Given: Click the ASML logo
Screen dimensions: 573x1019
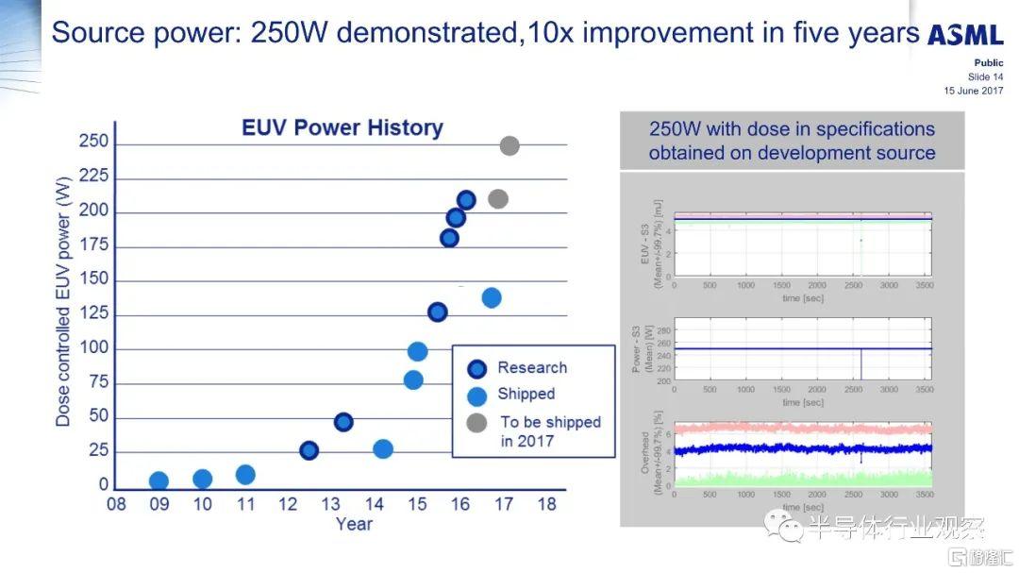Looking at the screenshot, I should [965, 36].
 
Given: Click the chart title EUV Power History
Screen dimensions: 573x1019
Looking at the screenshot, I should [342, 127].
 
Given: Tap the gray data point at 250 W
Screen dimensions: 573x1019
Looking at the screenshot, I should [509, 145].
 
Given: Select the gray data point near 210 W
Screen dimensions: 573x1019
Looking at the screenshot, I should [498, 199].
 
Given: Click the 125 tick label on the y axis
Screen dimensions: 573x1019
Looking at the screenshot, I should [93, 314].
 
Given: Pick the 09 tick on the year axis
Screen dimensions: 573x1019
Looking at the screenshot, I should [159, 504].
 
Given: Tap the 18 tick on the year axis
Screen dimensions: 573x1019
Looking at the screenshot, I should [546, 504].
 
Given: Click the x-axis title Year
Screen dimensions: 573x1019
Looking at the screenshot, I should [354, 525].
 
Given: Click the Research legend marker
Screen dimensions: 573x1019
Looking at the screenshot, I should [477, 369].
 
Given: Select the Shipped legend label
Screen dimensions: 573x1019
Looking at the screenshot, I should [526, 394].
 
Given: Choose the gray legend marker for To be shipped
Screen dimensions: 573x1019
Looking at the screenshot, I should [477, 422].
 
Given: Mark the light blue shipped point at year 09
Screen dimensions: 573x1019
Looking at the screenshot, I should [159, 481].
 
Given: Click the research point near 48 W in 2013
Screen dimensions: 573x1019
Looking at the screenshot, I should [343, 422].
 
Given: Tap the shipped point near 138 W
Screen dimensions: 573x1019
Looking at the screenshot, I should [492, 297].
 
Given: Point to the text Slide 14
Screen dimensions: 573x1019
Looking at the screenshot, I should [985, 76].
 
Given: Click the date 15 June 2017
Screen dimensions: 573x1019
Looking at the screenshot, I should [973, 91].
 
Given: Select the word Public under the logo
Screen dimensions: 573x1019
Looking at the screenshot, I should [988, 63].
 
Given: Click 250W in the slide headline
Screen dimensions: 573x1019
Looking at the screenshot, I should [289, 34].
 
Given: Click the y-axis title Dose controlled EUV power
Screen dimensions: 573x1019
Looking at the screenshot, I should [63, 301].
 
